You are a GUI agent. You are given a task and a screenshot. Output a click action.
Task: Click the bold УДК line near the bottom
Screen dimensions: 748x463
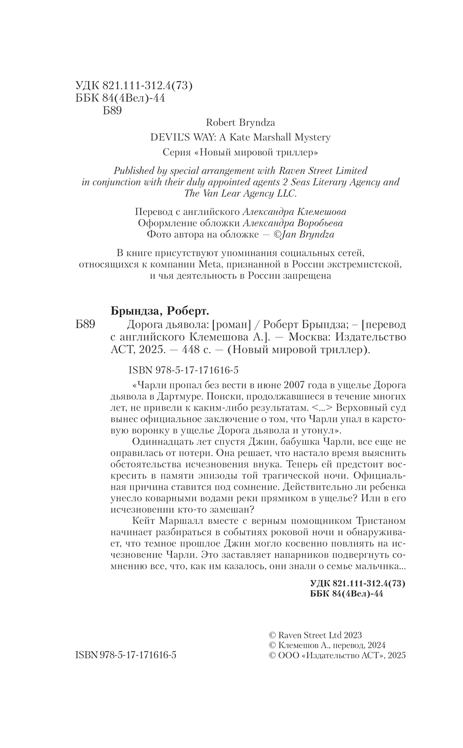point(356,583)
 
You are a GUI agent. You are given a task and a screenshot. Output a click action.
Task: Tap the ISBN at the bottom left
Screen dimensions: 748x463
point(125,656)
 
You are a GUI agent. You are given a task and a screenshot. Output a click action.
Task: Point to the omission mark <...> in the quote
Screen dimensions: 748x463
point(322,408)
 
